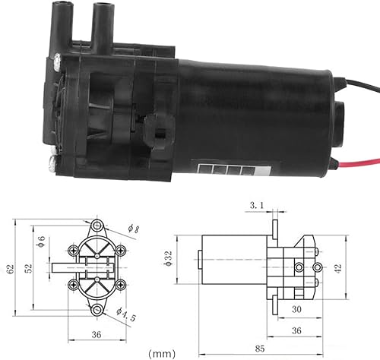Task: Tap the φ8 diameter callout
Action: tap(135, 229)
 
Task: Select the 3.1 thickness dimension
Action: tap(258, 205)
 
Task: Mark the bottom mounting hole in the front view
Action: tap(97, 310)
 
